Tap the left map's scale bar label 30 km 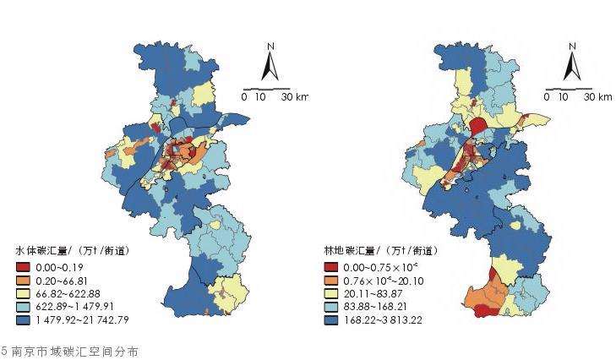[x=295, y=97]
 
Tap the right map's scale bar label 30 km [x=598, y=97]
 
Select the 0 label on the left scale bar [x=245, y=97]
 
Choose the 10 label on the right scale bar [x=564, y=97]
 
